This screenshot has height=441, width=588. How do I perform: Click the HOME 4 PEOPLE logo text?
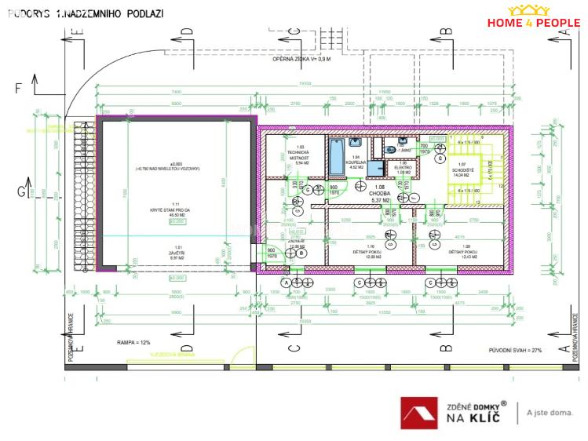(533, 23)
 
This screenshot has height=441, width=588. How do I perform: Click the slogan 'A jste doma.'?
(549, 413)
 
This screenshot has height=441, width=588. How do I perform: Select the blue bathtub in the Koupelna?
(336, 157)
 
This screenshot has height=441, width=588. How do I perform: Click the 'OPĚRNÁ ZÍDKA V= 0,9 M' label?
(301, 60)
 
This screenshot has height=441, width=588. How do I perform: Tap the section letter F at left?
(18, 88)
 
